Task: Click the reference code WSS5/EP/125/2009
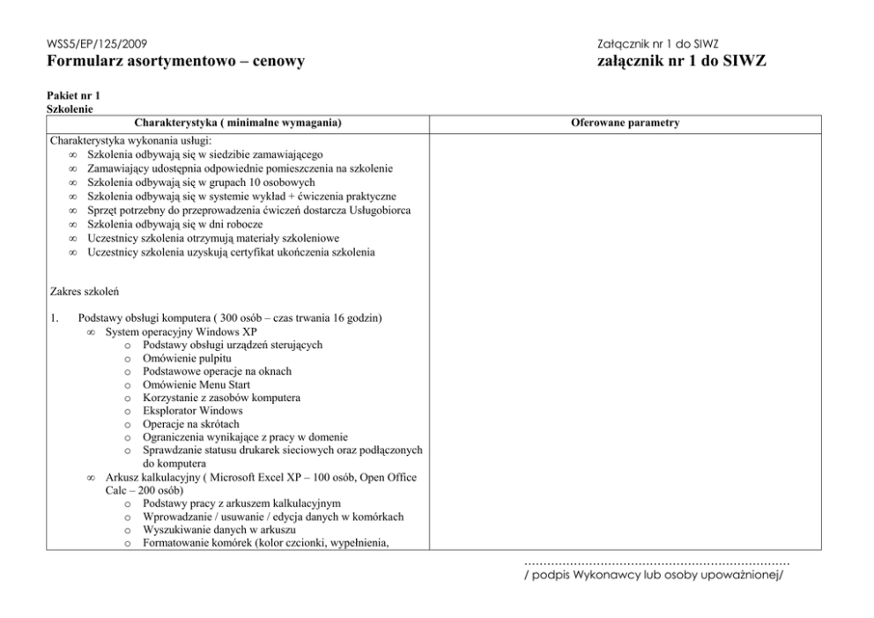[97, 43]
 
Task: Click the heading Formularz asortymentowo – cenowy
[175, 62]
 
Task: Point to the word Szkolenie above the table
[70, 108]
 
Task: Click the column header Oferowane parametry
[626, 123]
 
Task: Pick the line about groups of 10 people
[189, 182]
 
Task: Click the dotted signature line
[656, 562]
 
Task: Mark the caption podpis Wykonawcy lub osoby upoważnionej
[653, 577]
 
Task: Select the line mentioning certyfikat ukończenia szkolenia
[231, 252]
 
